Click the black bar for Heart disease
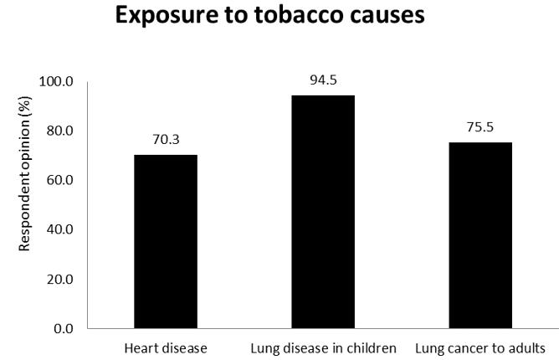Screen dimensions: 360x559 point(166,241)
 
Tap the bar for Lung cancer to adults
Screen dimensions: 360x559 point(480,235)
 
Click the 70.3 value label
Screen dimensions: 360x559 point(166,140)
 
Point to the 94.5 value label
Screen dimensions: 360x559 point(323,80)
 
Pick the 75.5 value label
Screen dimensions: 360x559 point(480,128)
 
